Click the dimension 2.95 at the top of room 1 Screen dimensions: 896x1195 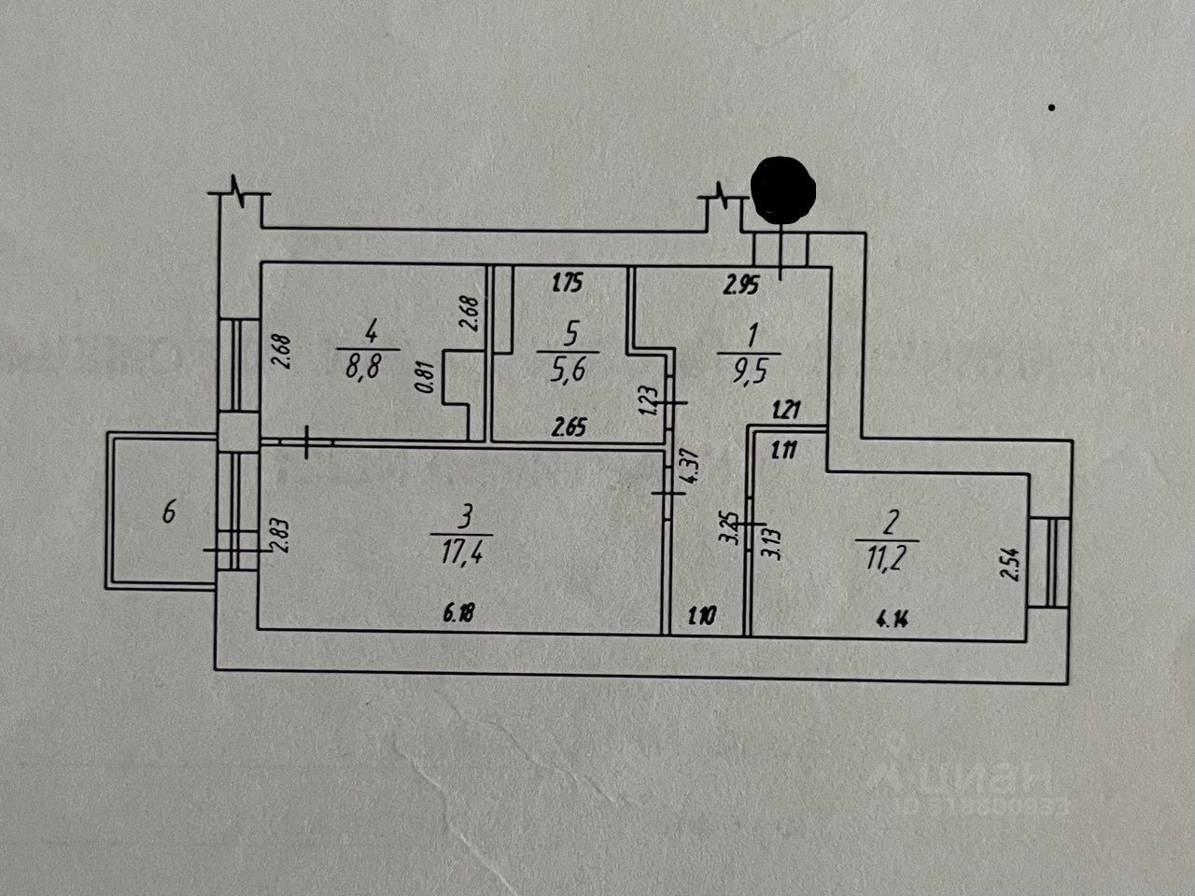[x=741, y=287]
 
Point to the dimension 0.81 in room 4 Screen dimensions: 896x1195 [x=428, y=382]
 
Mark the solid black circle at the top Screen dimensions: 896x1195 [x=784, y=190]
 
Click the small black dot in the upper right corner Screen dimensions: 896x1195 [x=1051, y=108]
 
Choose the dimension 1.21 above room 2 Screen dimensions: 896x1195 [x=787, y=408]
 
